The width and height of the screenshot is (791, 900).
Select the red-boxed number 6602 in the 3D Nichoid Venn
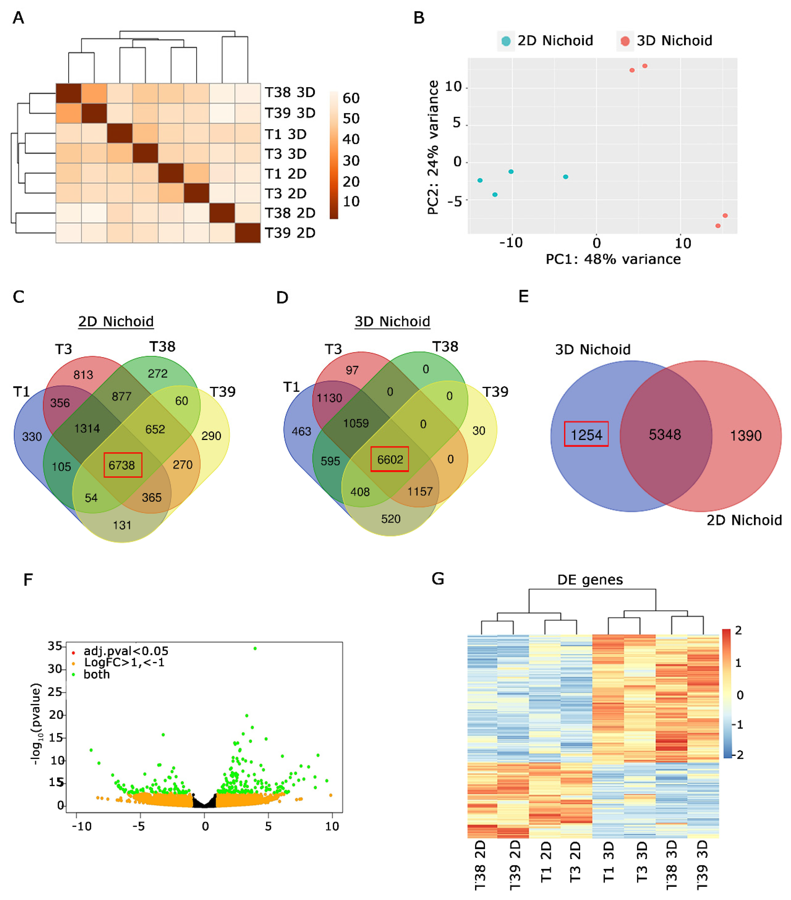coord(390,459)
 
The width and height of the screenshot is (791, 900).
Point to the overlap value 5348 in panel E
coord(665,435)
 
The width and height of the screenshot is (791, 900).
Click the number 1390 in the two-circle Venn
coord(746,436)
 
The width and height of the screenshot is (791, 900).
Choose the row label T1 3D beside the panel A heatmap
coord(285,134)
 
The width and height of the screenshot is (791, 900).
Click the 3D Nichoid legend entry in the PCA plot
coord(665,40)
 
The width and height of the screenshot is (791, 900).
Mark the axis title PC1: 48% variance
coord(613,259)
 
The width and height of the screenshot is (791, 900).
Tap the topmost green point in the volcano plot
coord(255,648)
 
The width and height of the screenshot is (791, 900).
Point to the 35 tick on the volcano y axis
coord(55,646)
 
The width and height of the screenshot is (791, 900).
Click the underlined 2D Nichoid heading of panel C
coord(116,321)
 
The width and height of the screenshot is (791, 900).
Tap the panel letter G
coord(438,579)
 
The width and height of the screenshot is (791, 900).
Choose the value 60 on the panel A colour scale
coord(351,98)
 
